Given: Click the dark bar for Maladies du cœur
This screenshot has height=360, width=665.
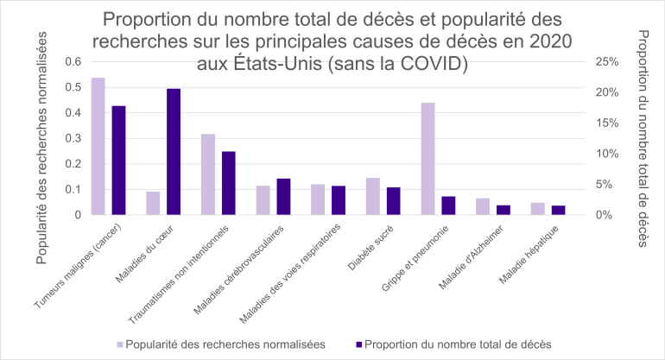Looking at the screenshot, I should (x=174, y=152).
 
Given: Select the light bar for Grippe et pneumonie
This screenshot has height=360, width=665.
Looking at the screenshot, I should (x=427, y=159).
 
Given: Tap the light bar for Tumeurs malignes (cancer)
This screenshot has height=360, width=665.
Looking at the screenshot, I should (x=98, y=146).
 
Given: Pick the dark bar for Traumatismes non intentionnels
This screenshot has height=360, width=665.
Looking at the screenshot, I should (x=229, y=183).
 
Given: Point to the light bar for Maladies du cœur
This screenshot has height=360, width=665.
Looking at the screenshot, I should (x=153, y=203).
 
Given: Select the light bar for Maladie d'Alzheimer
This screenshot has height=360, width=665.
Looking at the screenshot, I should (x=483, y=206).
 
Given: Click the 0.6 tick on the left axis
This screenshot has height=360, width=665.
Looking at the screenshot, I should (x=73, y=61).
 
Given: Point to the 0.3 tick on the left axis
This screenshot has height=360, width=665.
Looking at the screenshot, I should (x=73, y=138).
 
